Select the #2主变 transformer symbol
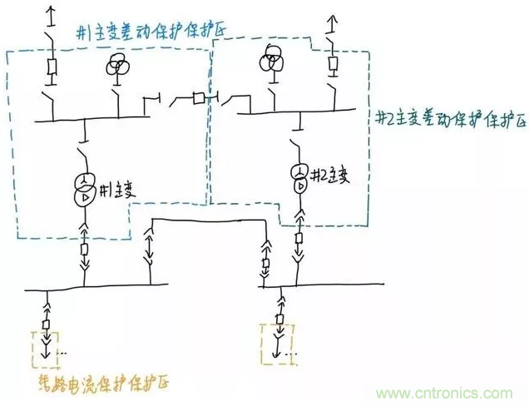[x=299, y=176]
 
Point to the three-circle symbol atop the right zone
[x=269, y=60]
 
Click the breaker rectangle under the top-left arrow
[x=51, y=67]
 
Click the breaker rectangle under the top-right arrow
[x=333, y=64]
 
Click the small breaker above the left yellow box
[x=47, y=323]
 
